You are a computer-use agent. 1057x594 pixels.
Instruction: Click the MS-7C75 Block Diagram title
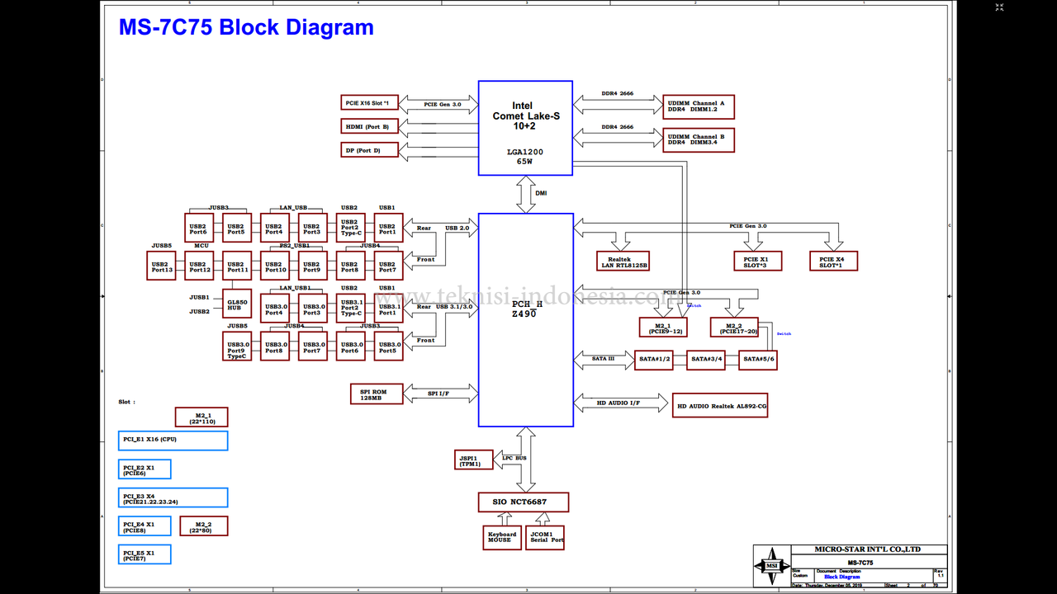point(246,27)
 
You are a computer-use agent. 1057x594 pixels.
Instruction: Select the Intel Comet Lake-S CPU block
point(525,128)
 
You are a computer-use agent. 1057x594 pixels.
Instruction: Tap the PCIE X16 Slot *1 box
point(370,103)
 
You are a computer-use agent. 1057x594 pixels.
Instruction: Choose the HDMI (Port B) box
point(370,126)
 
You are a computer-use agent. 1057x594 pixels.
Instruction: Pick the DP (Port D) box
point(370,150)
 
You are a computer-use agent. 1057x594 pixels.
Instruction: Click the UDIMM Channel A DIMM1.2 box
point(698,107)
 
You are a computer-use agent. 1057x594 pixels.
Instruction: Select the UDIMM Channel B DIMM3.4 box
point(698,139)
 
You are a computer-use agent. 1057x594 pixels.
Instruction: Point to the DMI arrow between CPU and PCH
point(526,194)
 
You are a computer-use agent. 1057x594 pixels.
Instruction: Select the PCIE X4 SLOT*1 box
point(833,262)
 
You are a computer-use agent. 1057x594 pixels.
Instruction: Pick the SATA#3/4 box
point(706,360)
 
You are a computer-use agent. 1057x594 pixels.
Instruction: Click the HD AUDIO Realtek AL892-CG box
point(719,405)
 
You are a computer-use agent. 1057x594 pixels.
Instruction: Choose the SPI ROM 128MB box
point(377,394)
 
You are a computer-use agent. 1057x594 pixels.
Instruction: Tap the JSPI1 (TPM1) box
point(474,460)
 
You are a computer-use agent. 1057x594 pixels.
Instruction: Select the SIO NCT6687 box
point(524,502)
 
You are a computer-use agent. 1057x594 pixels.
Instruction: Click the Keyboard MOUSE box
point(502,538)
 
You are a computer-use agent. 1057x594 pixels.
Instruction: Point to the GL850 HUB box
point(237,304)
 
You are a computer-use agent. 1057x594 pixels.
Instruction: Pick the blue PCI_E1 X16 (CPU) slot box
point(173,441)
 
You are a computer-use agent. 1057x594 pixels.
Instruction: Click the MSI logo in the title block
point(771,565)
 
